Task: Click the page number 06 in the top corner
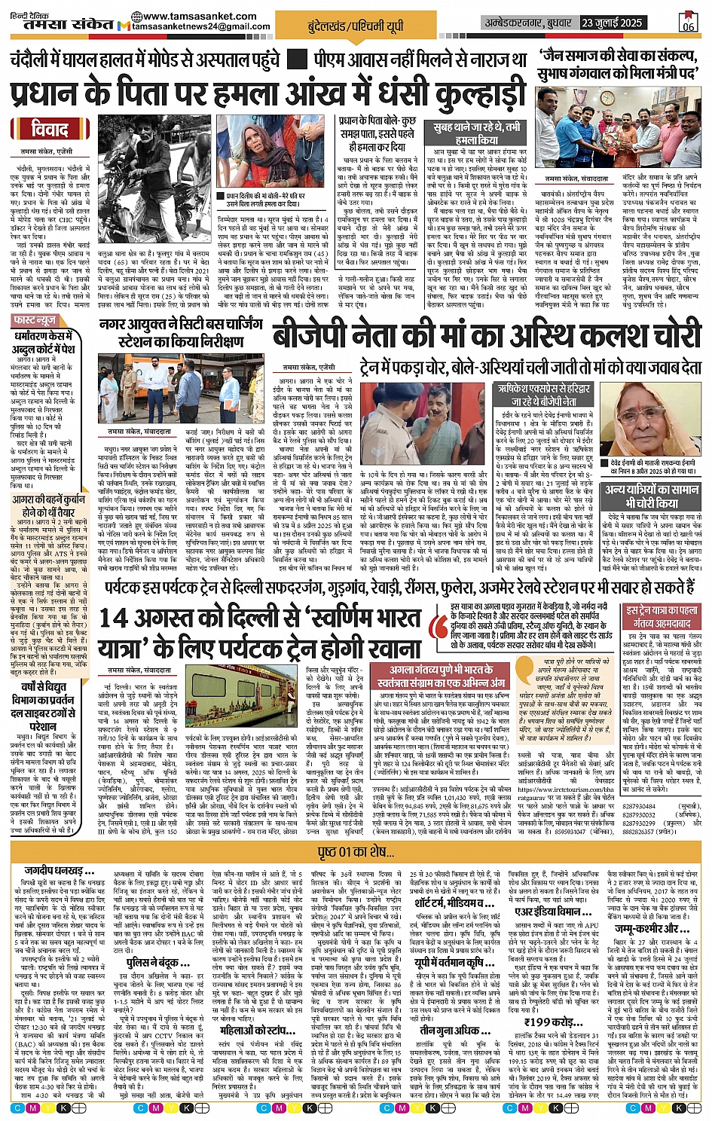(688, 23)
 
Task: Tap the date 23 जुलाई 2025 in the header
(612, 23)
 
